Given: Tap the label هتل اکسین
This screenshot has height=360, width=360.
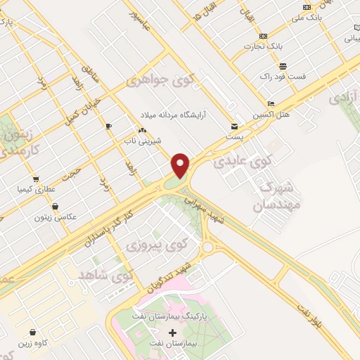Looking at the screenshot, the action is pyautogui.click(x=274, y=114).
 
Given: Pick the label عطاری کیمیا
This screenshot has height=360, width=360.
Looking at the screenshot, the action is pyautogui.click(x=35, y=190).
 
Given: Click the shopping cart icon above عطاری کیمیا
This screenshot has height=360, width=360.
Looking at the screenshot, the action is pyautogui.click(x=35, y=179).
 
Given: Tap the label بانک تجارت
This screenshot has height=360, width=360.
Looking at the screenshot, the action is pyautogui.click(x=263, y=46).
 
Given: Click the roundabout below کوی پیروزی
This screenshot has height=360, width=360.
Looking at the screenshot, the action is pyautogui.click(x=207, y=247).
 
